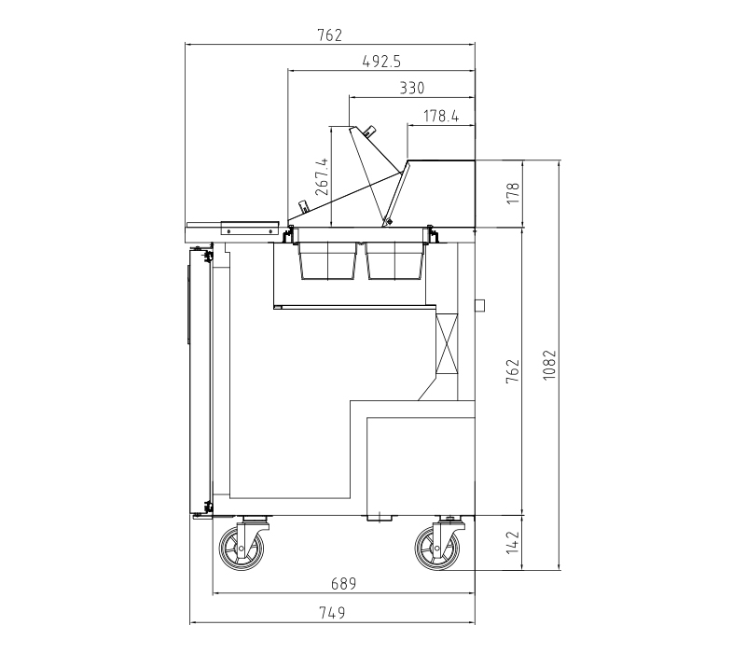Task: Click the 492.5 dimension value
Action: pyautogui.click(x=381, y=62)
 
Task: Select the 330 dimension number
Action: pyautogui.click(x=411, y=88)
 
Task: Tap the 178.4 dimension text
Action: pyautogui.click(x=441, y=116)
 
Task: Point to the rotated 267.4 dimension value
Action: pyautogui.click(x=322, y=176)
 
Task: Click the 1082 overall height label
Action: pyautogui.click(x=549, y=365)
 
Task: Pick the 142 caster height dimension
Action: pyautogui.click(x=512, y=543)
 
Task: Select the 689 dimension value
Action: pyautogui.click(x=343, y=584)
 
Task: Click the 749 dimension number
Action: pyautogui.click(x=332, y=613)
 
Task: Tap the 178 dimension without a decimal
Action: pyautogui.click(x=513, y=193)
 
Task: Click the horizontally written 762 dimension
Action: pyautogui.click(x=330, y=35)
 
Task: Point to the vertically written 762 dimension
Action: pyautogui.click(x=512, y=371)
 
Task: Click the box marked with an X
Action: pyautogui.click(x=447, y=343)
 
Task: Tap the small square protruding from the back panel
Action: pyautogui.click(x=479, y=305)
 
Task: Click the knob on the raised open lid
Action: pyautogui.click(x=369, y=131)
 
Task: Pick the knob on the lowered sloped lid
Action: pyautogui.click(x=303, y=207)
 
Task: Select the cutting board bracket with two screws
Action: pyautogui.click(x=249, y=229)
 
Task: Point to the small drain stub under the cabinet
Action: pyautogui.click(x=380, y=519)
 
